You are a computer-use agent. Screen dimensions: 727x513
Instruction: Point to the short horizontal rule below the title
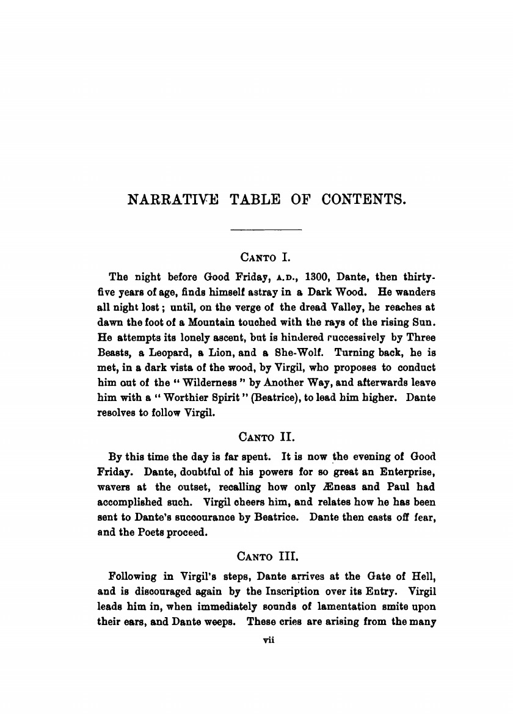266,230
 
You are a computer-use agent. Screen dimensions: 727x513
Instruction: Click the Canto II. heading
266,436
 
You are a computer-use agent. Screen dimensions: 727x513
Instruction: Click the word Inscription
293,591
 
